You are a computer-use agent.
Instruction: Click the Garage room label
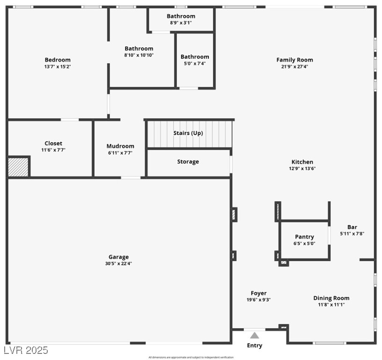tap(118, 257)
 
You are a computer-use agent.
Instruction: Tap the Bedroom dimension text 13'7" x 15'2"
tap(58, 67)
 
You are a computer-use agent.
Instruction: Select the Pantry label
tap(304, 237)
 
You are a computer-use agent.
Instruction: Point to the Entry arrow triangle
tap(254, 335)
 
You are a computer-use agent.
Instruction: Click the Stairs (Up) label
tap(188, 133)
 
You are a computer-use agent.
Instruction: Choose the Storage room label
tap(188, 162)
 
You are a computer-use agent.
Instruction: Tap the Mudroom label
tap(120, 146)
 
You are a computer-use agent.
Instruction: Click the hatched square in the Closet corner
tap(18, 167)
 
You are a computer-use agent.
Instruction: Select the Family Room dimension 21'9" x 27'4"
tap(294, 67)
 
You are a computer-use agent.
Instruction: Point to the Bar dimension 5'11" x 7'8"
tap(352, 233)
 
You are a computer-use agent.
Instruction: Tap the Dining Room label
tap(331, 298)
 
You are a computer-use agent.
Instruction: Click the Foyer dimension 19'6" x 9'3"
tap(258, 300)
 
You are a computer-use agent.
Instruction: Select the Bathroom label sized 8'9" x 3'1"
tap(181, 16)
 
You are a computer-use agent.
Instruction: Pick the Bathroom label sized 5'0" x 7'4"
tap(195, 57)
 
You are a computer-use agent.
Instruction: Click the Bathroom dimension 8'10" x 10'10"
tap(139, 55)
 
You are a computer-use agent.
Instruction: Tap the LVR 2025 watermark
tap(26, 350)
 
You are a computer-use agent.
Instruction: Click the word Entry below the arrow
tap(255, 346)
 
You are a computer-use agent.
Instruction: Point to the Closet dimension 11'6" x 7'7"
tap(53, 150)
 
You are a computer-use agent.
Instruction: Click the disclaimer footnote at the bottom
tap(191, 357)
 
